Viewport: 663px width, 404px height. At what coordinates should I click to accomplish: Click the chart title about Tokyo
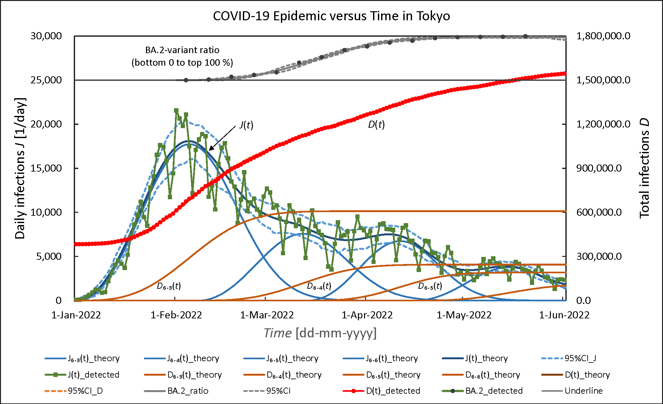[331, 16]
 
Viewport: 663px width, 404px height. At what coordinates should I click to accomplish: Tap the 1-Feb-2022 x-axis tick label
[176, 315]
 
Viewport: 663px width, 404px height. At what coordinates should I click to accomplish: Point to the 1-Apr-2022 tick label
[367, 315]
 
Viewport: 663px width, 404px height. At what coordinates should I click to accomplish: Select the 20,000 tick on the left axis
[46, 124]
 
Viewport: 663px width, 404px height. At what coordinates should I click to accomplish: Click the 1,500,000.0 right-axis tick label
[603, 80]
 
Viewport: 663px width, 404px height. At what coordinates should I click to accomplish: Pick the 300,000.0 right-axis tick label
[599, 256]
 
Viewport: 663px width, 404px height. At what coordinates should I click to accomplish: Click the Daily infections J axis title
[20, 168]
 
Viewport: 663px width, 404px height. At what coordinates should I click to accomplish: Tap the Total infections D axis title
[644, 168]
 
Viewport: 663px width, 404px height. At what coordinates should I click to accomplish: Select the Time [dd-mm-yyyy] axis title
[320, 333]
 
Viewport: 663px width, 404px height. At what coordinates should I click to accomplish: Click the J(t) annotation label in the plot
[246, 125]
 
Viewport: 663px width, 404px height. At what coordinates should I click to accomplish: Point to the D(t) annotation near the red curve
[376, 124]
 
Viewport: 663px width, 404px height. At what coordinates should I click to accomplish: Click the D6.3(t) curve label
[169, 286]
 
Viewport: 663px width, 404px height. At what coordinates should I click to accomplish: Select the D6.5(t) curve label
[430, 286]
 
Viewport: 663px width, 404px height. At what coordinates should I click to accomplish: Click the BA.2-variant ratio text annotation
[182, 56]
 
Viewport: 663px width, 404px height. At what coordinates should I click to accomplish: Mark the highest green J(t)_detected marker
[176, 110]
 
